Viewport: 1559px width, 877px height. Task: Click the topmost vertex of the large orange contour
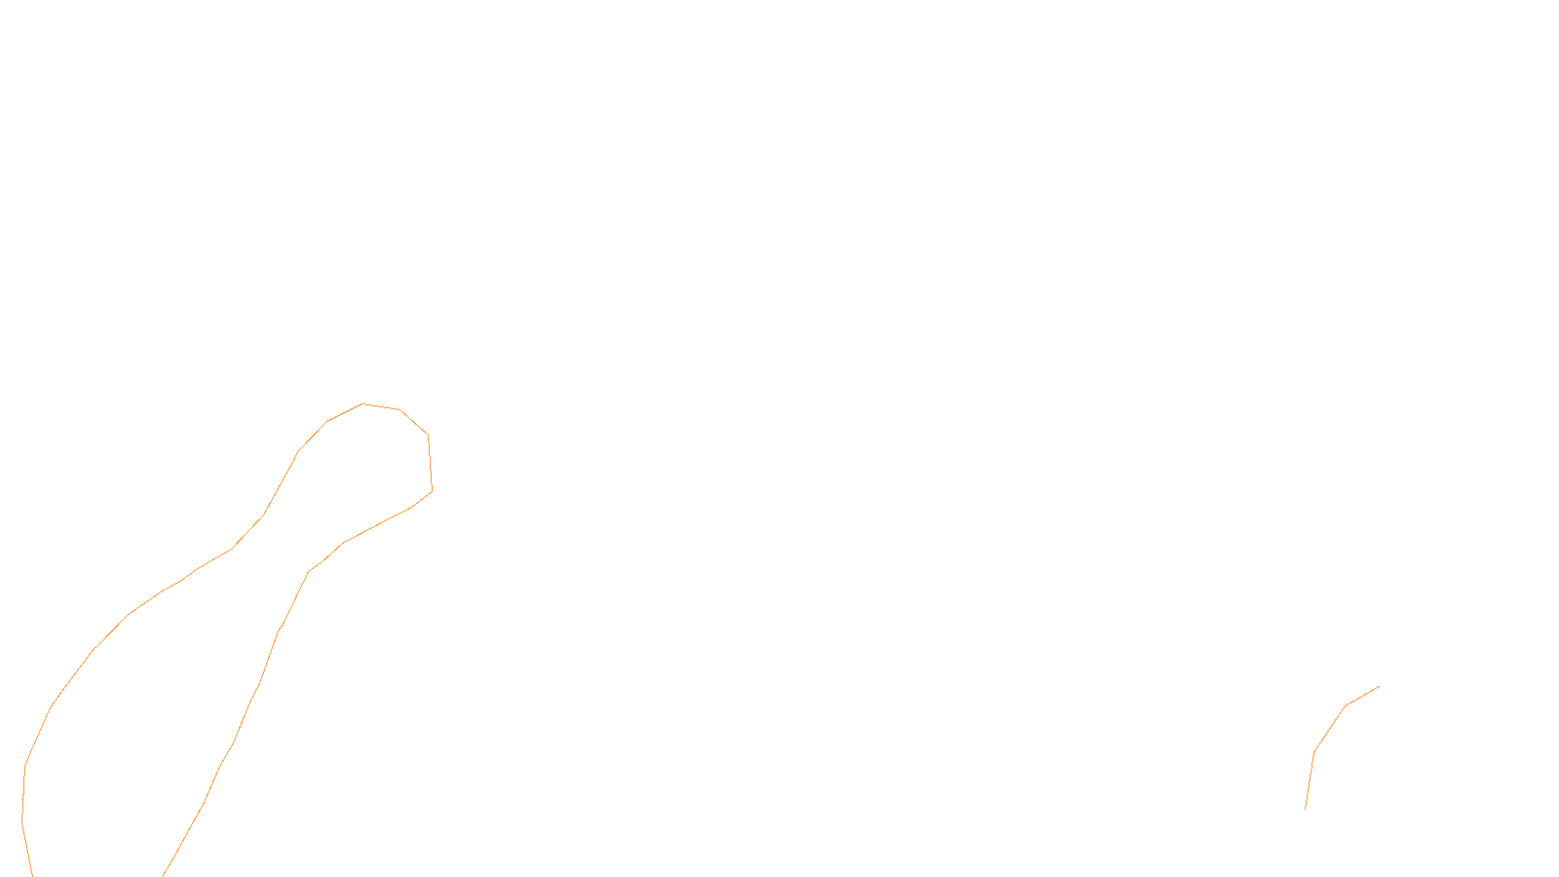(x=362, y=403)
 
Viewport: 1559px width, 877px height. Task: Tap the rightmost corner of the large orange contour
(x=432, y=491)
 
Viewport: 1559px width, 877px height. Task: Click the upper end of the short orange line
(x=1379, y=686)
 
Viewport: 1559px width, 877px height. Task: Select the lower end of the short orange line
(x=1305, y=809)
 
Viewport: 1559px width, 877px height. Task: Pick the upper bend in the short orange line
(x=1346, y=705)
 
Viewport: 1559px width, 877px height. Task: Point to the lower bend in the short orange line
(x=1314, y=751)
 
